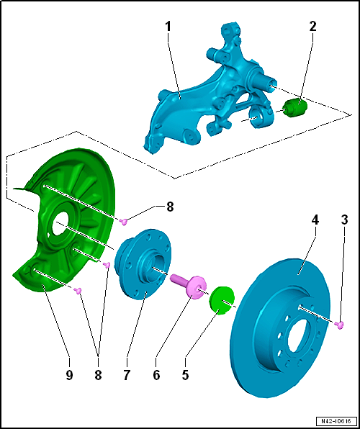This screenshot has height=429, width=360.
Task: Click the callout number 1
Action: (168, 27)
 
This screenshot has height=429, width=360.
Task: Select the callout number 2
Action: (312, 27)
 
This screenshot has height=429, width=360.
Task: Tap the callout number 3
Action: (344, 220)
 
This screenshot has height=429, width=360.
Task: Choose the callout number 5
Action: (185, 375)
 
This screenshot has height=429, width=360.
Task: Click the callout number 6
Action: (156, 375)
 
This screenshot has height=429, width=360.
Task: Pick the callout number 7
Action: (126, 375)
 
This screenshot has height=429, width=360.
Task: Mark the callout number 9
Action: (69, 375)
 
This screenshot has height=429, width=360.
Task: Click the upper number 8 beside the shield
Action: (170, 207)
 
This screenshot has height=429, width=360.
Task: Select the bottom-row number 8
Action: (98, 375)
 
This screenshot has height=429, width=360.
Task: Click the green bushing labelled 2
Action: (295, 107)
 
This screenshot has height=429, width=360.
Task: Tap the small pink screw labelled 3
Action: (339, 325)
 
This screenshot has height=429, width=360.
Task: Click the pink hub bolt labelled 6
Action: (188, 286)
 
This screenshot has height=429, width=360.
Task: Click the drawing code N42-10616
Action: (336, 420)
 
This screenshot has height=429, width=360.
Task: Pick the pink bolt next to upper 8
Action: (125, 222)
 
